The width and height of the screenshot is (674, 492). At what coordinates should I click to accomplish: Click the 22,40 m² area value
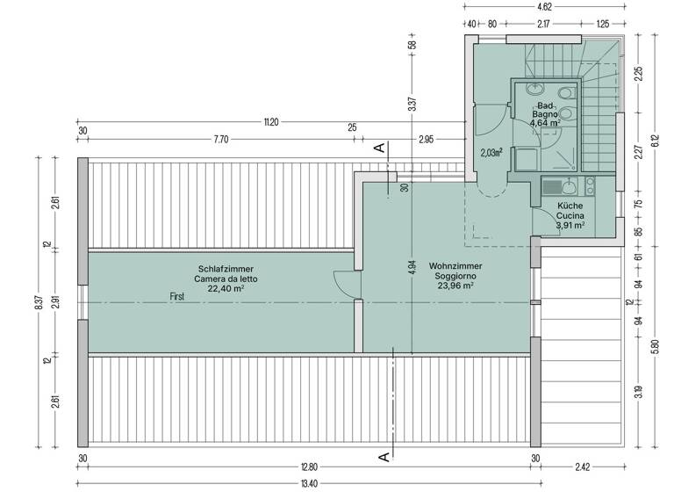tap(226, 287)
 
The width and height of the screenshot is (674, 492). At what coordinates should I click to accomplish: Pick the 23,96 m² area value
tap(455, 286)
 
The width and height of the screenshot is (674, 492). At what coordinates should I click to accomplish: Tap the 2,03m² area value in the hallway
tap(491, 152)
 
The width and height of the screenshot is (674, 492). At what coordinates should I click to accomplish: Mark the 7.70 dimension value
tap(219, 139)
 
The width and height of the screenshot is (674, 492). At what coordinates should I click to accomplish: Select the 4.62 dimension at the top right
tap(544, 6)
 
